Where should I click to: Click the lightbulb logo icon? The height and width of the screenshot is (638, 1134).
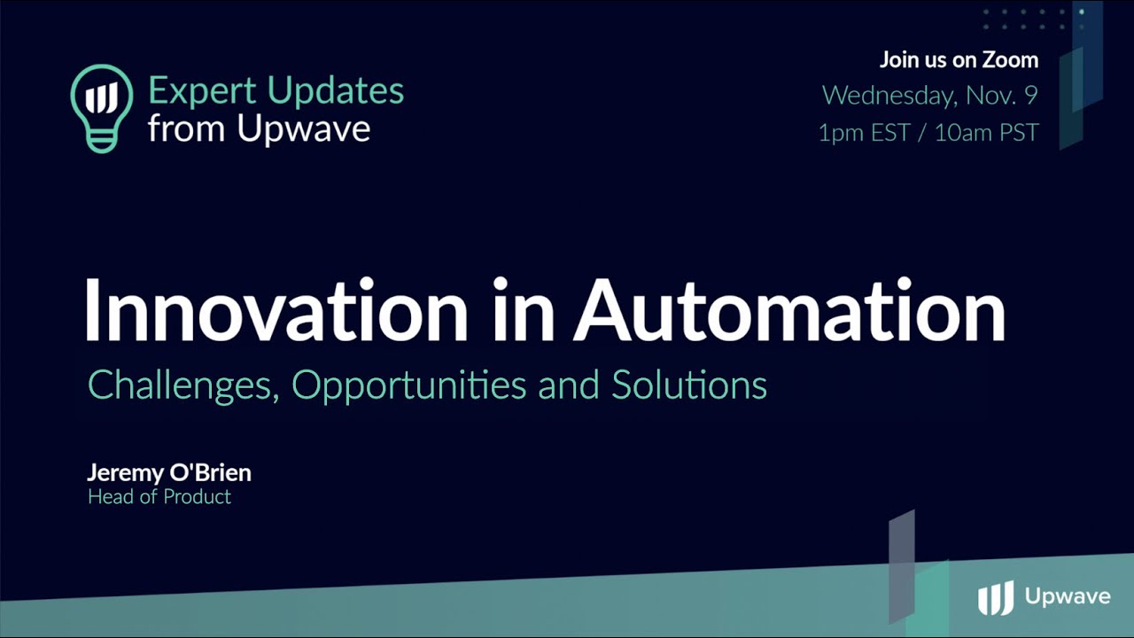click(102, 108)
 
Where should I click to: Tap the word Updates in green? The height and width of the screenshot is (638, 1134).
click(336, 90)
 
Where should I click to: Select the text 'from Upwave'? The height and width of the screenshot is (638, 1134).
click(260, 128)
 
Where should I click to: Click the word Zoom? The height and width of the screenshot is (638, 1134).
click(1011, 59)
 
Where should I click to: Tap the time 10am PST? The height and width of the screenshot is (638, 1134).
click(987, 133)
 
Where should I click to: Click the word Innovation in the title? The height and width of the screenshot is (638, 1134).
click(276, 310)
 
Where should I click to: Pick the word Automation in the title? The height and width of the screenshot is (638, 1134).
click(789, 310)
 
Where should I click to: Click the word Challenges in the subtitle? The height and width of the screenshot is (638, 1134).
click(183, 385)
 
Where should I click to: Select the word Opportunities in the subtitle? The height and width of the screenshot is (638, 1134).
click(409, 385)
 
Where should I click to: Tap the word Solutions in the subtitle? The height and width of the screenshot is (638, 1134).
click(689, 385)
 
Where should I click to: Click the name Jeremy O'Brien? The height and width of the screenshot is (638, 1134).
click(169, 472)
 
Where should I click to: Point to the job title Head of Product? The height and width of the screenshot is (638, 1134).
click(159, 497)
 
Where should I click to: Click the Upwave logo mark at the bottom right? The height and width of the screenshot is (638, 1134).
click(996, 597)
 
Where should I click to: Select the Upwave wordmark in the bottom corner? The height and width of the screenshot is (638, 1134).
click(1068, 596)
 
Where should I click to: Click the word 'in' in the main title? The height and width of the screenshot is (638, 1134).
click(524, 310)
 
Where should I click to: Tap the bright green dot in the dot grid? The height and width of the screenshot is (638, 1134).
click(1082, 12)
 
